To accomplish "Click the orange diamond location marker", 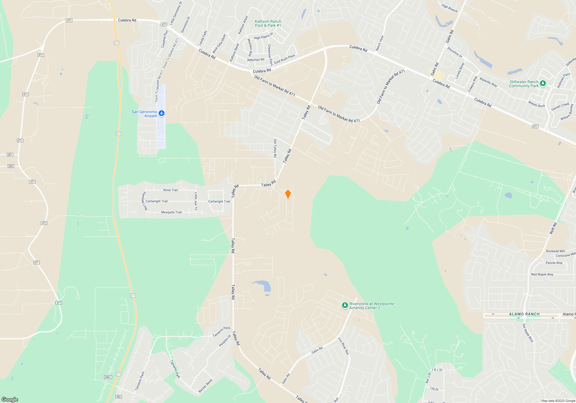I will (288, 194).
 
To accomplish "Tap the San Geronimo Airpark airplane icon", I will (162, 113).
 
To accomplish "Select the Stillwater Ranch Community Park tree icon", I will (543, 83).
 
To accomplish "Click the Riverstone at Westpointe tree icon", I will (345, 305).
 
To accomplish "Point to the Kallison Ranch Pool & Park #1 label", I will (268, 23).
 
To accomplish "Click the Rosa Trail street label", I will (170, 190).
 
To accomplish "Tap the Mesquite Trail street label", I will (171, 212).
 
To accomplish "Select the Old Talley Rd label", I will (275, 148).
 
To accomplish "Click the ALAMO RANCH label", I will (524, 314).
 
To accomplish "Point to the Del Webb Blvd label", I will (528, 333).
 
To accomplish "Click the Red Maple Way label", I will (542, 274).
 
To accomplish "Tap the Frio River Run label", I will (343, 346).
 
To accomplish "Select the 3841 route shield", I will (108, 377).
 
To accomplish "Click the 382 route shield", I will (118, 396).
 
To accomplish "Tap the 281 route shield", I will (10, 155).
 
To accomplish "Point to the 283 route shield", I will (11, 166).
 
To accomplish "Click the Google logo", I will (10, 399).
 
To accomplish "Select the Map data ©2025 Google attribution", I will (558, 401).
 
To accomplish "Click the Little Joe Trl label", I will (196, 201).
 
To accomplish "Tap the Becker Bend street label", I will (205, 386).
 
